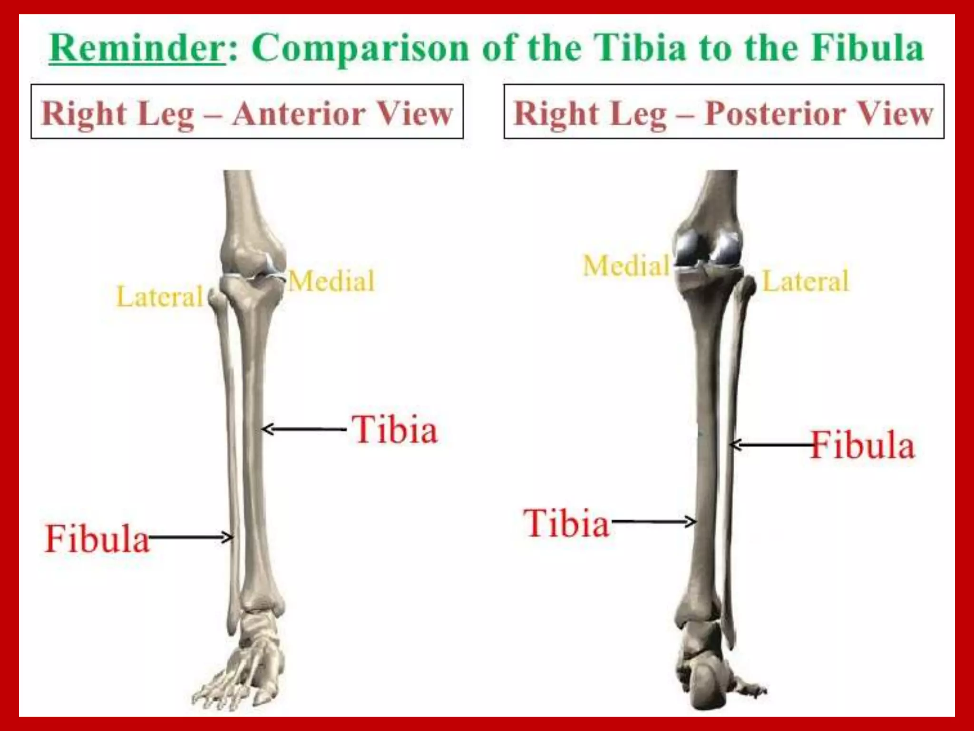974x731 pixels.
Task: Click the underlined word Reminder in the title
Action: (137, 49)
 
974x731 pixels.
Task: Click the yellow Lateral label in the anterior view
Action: (160, 296)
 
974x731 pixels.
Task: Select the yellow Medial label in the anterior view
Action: (332, 281)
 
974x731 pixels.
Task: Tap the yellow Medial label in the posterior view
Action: (626, 266)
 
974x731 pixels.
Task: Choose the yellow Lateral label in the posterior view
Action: (806, 281)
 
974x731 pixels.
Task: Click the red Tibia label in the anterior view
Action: (395, 429)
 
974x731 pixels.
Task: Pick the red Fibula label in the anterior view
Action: (97, 539)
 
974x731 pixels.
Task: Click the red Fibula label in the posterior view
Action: (862, 445)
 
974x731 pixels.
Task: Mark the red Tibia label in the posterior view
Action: (566, 523)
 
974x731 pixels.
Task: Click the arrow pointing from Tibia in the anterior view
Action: (304, 429)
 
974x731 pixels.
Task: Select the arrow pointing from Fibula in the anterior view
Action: (190, 538)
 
